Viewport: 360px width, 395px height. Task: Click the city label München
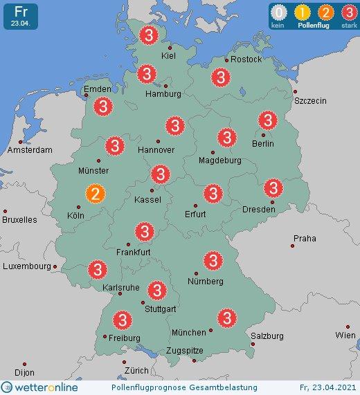click(x=188, y=333)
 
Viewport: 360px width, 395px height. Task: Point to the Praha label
click(x=304, y=239)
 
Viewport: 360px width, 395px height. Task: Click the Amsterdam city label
click(x=30, y=150)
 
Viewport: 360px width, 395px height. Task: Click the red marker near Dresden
click(x=273, y=187)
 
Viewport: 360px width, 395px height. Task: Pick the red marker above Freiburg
click(x=123, y=320)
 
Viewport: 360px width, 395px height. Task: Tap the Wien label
click(x=345, y=335)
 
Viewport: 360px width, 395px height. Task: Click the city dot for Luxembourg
click(x=56, y=266)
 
